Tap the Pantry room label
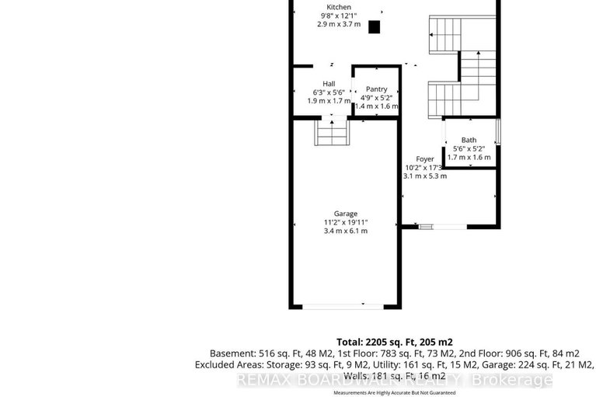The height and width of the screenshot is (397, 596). [x=376, y=89]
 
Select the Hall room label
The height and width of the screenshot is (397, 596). [x=329, y=83]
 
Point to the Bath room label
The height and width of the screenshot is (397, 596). [x=469, y=140]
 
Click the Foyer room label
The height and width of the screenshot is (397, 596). [x=424, y=158]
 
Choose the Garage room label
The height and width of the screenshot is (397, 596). [x=346, y=214]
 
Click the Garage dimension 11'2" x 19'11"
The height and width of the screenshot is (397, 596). [x=346, y=222]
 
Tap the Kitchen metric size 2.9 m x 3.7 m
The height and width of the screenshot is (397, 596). [x=340, y=24]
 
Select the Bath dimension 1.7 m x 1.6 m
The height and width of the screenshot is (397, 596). [x=469, y=157]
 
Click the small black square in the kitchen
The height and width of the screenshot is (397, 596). [x=374, y=27]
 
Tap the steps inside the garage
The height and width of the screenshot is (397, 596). [x=331, y=133]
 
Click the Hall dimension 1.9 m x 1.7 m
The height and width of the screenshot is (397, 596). [x=329, y=101]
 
